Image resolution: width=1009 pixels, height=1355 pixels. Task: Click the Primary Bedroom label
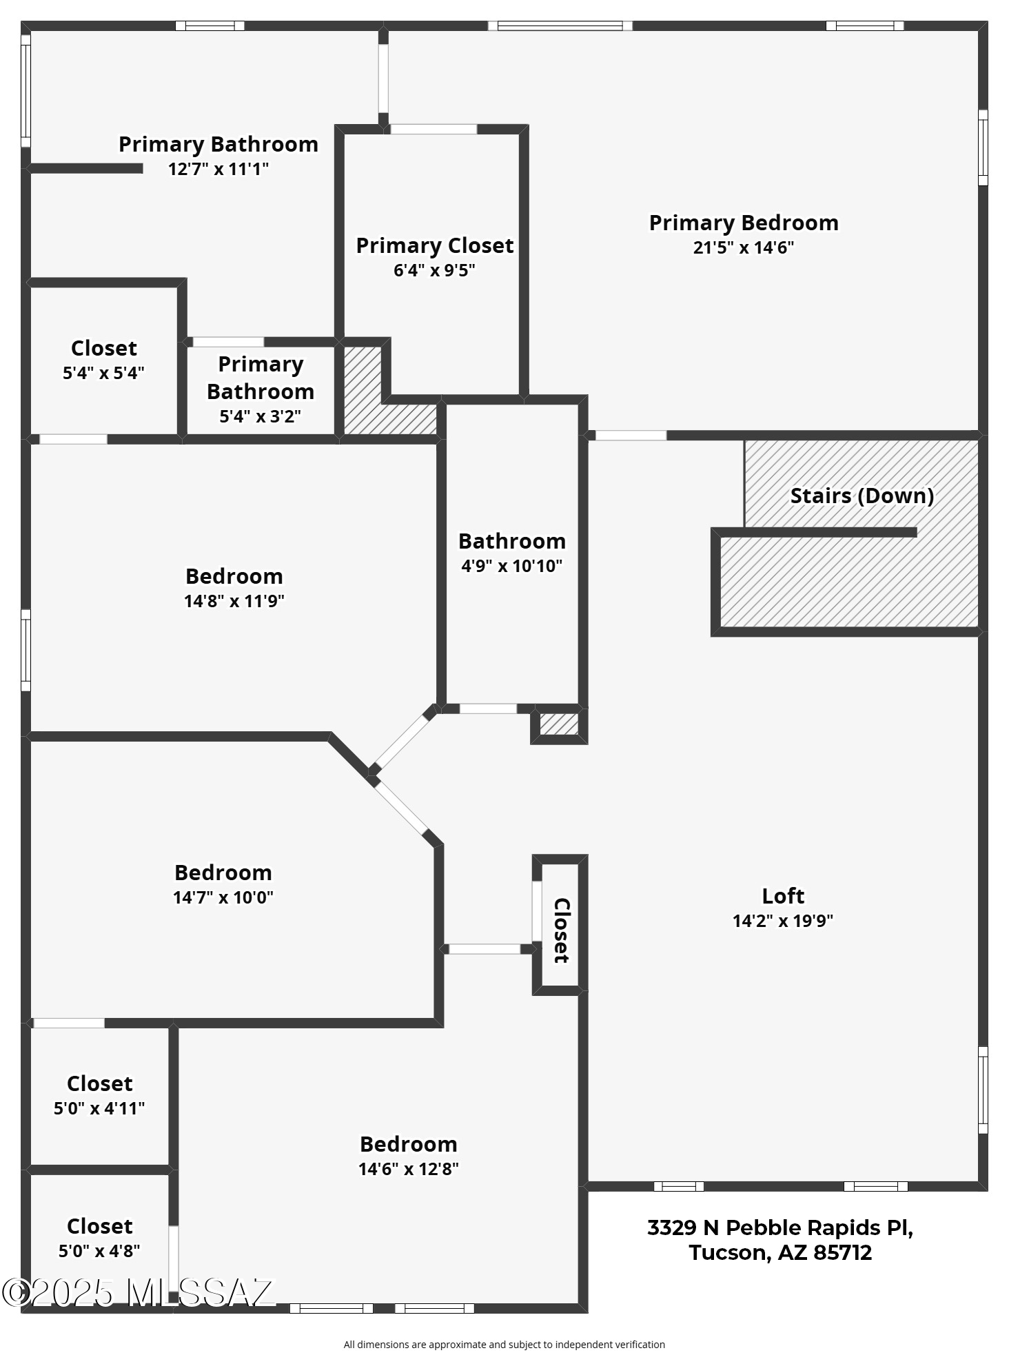pyautogui.click(x=744, y=223)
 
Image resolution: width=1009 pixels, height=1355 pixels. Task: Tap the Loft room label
pyautogui.click(x=783, y=895)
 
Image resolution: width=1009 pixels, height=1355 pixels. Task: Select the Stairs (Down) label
pyautogui.click(x=862, y=496)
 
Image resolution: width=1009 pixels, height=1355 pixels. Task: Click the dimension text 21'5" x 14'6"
pyautogui.click(x=744, y=247)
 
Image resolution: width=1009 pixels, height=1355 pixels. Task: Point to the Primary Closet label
pyautogui.click(x=435, y=245)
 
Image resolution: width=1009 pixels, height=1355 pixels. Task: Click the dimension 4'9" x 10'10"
pyautogui.click(x=512, y=566)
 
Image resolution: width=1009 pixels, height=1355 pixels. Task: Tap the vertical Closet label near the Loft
pyautogui.click(x=562, y=930)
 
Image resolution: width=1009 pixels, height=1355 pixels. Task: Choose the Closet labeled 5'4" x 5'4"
pyautogui.click(x=104, y=348)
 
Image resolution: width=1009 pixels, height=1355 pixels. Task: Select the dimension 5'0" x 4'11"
pyautogui.click(x=99, y=1108)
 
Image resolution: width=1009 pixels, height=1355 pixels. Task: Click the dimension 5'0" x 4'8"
pyautogui.click(x=99, y=1251)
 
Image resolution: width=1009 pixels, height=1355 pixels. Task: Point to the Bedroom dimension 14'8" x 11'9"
pyautogui.click(x=234, y=601)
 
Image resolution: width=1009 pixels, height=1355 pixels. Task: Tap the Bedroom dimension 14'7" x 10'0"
pyautogui.click(x=223, y=897)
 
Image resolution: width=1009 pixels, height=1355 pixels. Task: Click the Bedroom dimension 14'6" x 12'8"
pyautogui.click(x=409, y=1169)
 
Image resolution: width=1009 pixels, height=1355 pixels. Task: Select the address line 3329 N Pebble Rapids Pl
pyautogui.click(x=780, y=1227)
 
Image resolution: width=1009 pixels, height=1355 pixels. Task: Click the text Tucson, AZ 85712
pyautogui.click(x=780, y=1252)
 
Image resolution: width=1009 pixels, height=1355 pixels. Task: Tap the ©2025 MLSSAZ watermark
pyautogui.click(x=138, y=1293)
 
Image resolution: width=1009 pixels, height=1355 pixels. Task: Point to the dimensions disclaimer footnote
pyautogui.click(x=504, y=1344)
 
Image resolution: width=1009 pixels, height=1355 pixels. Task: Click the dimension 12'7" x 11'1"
pyautogui.click(x=218, y=169)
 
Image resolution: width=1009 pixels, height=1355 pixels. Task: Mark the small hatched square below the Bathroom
pyautogui.click(x=559, y=724)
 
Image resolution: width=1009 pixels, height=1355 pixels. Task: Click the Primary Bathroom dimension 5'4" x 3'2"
pyautogui.click(x=261, y=416)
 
